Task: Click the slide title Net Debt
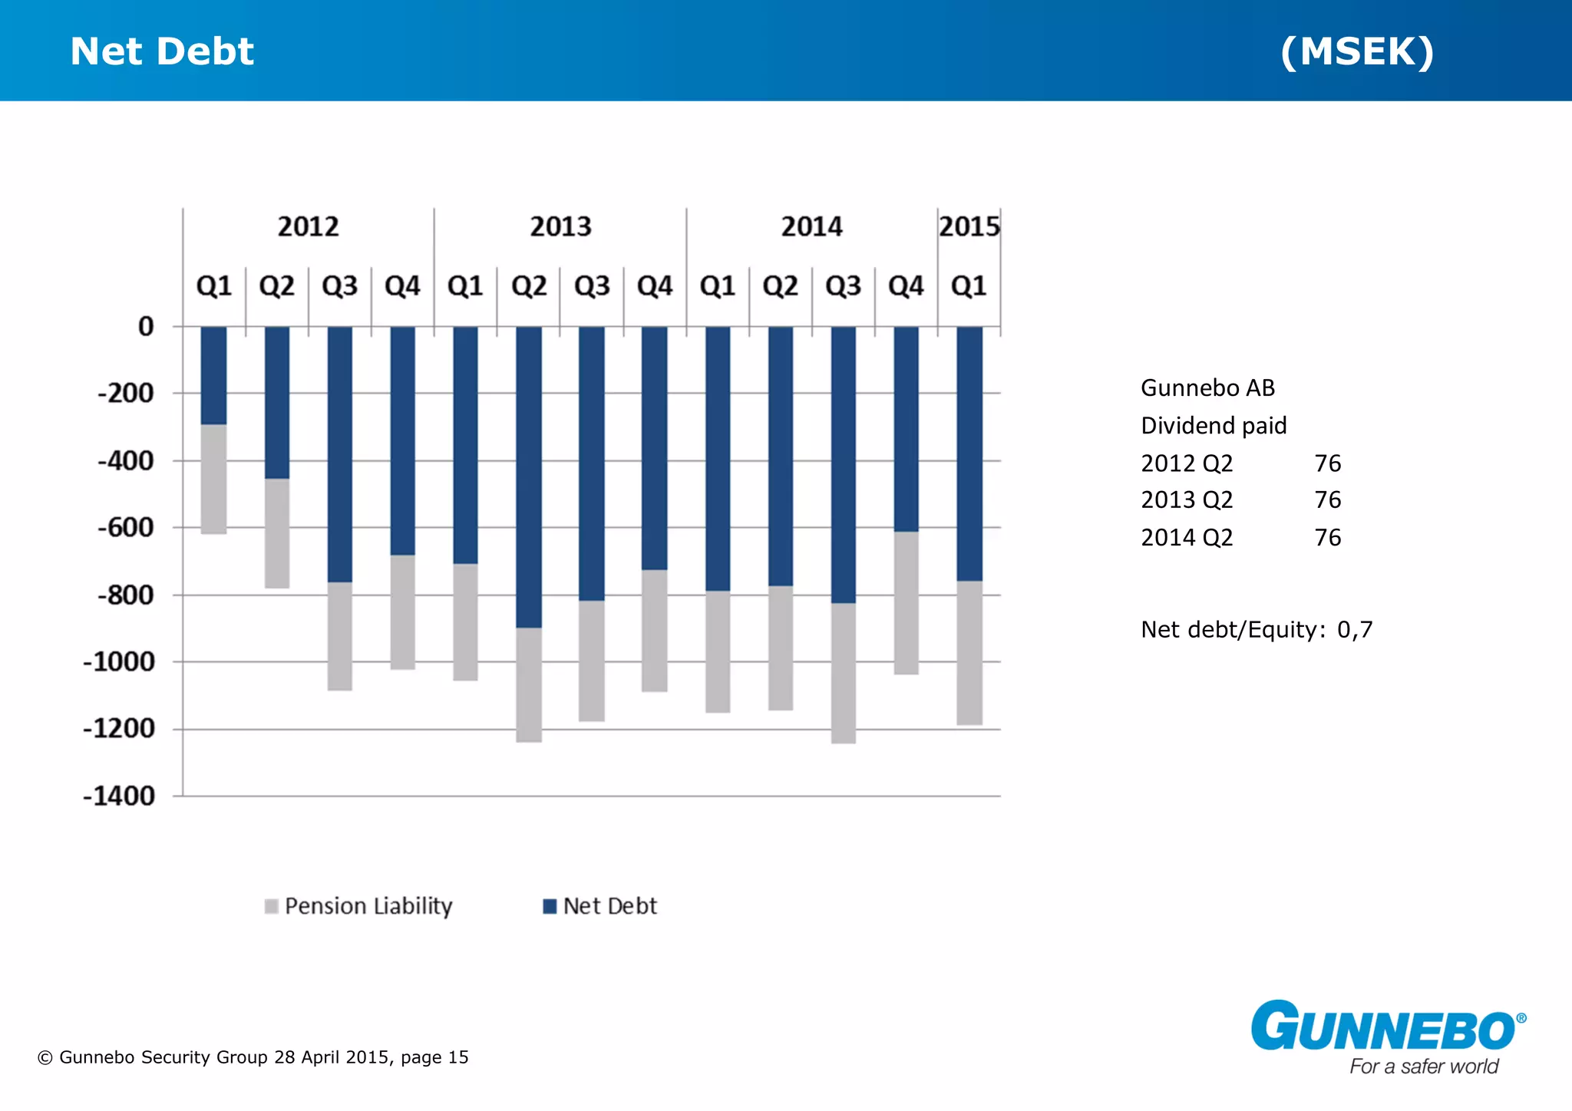click(162, 51)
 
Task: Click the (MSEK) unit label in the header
click(1356, 51)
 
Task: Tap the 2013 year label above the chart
click(560, 227)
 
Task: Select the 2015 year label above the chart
click(969, 227)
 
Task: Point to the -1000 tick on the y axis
click(119, 661)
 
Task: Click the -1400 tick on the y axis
click(119, 796)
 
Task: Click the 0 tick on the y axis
click(146, 327)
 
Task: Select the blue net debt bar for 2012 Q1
click(213, 376)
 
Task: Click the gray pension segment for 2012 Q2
click(277, 533)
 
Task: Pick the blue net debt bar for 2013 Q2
click(529, 476)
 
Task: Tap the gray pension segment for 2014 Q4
click(906, 602)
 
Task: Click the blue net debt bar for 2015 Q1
click(969, 453)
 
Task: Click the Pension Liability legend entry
click(358, 906)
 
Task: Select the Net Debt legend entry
click(600, 906)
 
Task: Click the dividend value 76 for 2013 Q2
click(1327, 500)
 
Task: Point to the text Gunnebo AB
click(1207, 388)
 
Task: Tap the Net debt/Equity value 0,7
click(1355, 630)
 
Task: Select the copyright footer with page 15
click(253, 1057)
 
